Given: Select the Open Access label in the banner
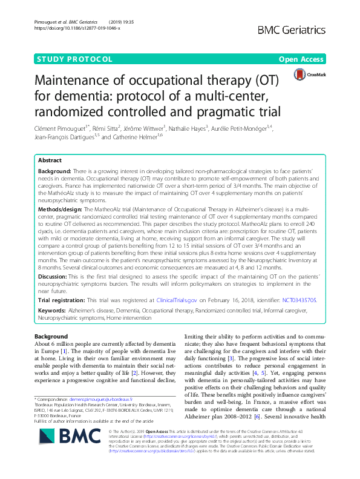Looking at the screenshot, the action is click(x=301, y=59).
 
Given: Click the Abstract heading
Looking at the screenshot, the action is click(x=50, y=161).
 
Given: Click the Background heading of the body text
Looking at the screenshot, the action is click(x=51, y=336).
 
